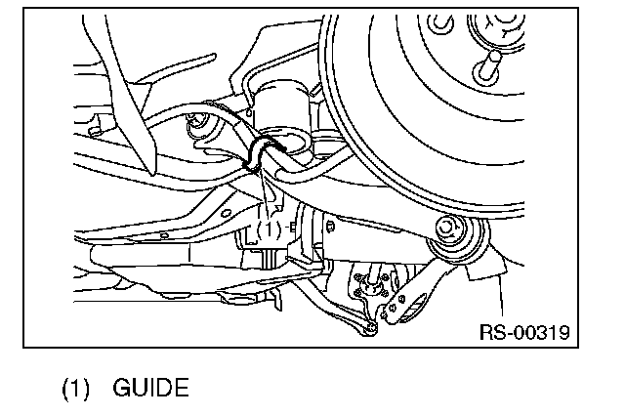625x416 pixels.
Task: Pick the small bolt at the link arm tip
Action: tap(371, 329)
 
